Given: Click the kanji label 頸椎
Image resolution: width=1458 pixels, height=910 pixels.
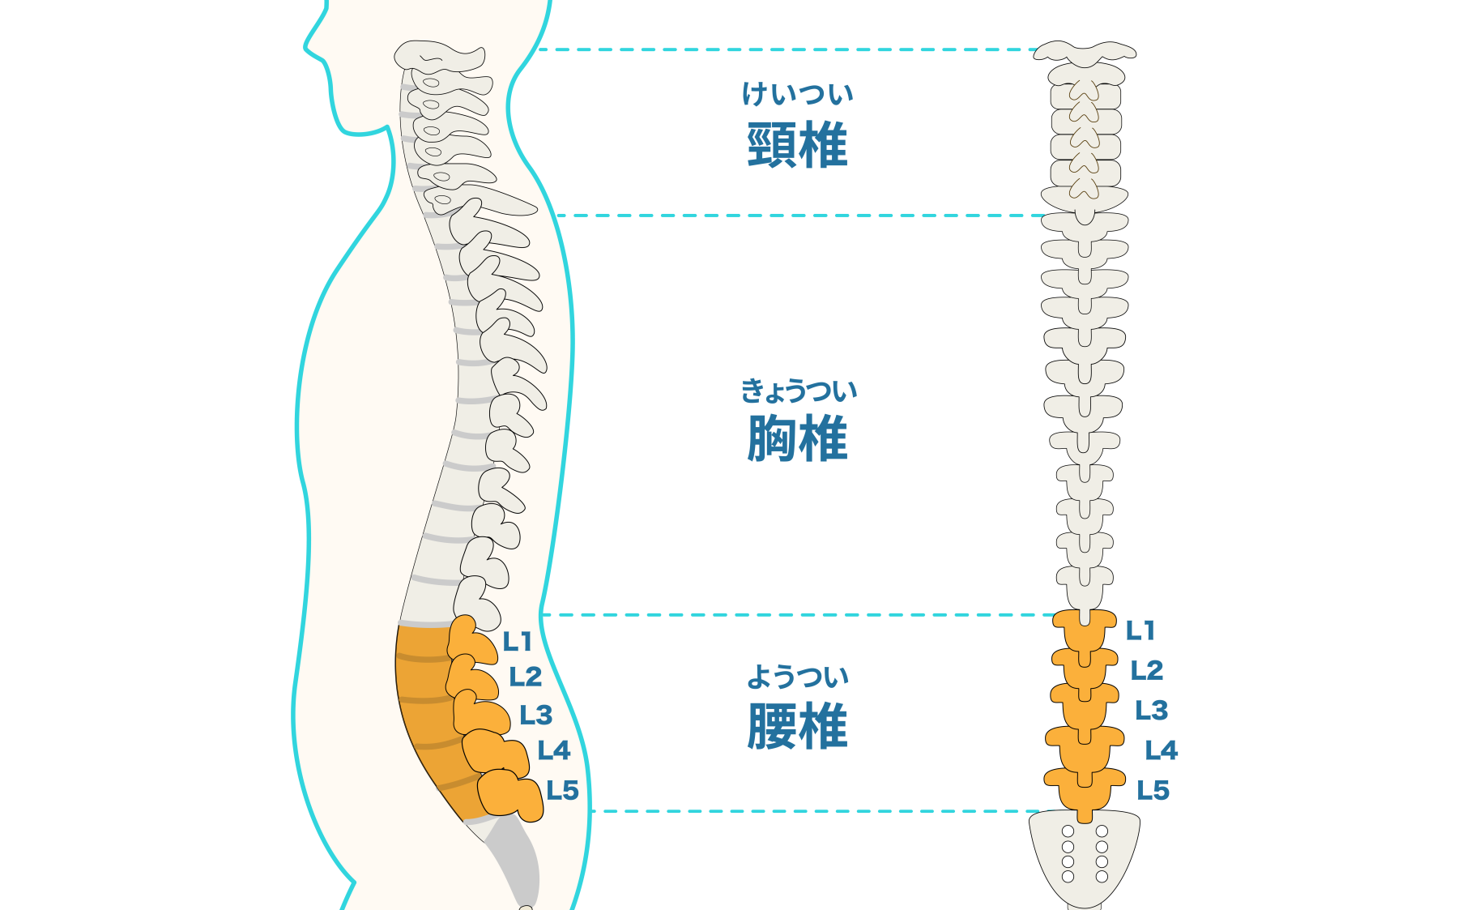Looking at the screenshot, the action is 797,145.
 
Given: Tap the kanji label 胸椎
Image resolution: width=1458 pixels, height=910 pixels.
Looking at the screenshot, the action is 797,438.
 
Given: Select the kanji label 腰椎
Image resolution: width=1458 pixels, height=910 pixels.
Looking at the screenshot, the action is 797,725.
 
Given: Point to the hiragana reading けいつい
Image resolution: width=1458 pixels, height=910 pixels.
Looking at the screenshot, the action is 798,94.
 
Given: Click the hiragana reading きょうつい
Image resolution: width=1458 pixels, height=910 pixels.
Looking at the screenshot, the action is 799,391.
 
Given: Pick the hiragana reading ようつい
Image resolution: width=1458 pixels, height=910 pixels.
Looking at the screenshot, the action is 798,677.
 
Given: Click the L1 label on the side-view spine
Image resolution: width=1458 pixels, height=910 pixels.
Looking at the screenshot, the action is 517,642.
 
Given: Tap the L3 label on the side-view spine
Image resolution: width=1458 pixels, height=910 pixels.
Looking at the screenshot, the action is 536,716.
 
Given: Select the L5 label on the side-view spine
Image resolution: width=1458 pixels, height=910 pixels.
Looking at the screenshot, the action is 562,790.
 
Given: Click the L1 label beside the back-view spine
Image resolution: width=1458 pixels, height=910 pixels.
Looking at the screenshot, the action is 1140,630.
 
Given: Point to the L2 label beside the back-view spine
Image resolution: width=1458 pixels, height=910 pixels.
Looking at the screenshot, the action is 1147,670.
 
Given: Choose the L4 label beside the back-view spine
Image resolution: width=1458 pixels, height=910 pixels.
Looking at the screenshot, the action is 1162,750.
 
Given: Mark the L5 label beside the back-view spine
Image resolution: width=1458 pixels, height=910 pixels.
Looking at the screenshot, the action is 1153,790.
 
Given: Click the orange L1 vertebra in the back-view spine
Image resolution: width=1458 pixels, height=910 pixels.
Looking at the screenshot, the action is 1085,628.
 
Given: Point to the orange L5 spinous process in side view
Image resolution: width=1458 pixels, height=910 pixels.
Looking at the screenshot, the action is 510,794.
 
